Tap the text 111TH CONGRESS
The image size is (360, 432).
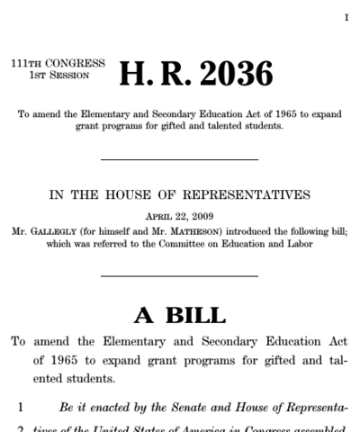[58, 64]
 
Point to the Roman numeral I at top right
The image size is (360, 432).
[346, 18]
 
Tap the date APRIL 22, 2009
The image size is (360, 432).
[179, 216]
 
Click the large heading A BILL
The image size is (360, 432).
[180, 315]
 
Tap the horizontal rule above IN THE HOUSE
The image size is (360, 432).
[179, 160]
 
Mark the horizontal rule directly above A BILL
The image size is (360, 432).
[179, 275]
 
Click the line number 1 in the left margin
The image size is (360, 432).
[20, 407]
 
